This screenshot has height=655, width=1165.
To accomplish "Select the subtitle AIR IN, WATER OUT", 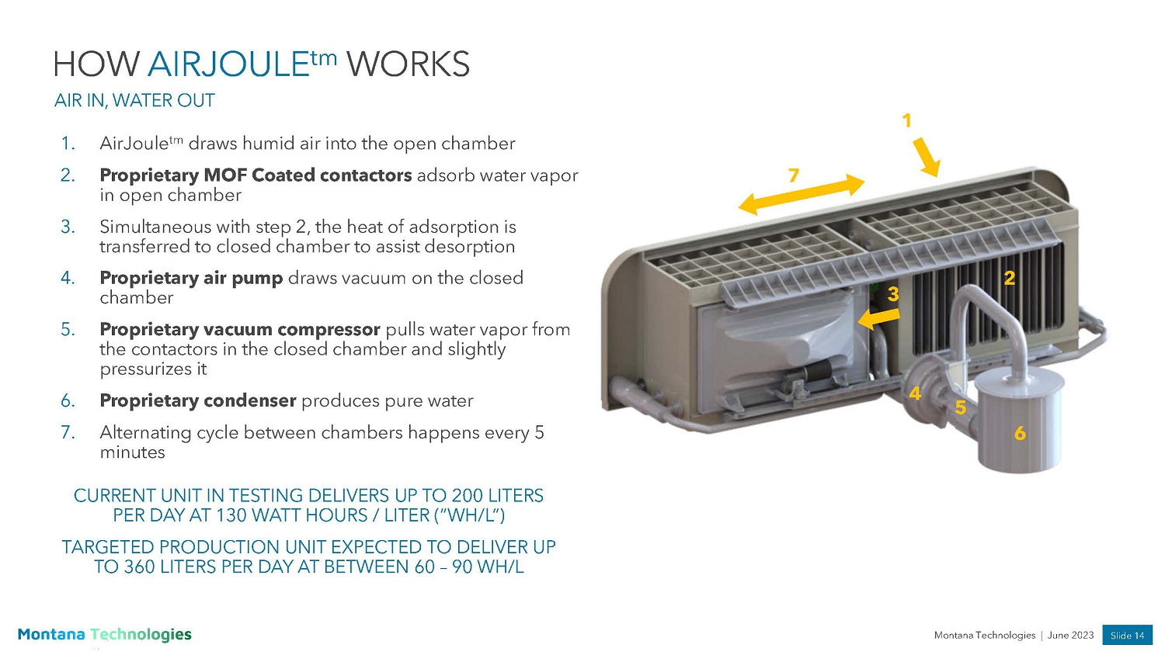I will point(134,101).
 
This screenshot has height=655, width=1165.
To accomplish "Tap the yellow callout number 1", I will point(906,120).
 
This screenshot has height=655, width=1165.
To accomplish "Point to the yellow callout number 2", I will point(1009,278).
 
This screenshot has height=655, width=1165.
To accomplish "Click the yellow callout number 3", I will point(893,294).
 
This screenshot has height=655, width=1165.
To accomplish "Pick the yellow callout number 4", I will point(915,394).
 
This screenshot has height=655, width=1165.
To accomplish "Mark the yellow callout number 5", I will point(960,408).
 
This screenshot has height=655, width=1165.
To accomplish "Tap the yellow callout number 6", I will point(1020,434).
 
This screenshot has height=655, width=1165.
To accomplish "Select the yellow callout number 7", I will point(793,175).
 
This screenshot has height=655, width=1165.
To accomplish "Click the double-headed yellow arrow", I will point(801,194).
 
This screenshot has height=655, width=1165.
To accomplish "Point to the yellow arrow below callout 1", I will point(927,158).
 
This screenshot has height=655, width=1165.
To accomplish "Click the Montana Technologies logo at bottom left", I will point(104,634).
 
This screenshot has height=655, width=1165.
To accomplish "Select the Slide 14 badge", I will point(1127,635).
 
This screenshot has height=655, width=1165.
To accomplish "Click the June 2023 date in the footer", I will point(1070,635).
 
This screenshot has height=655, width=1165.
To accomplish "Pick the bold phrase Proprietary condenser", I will point(197,400).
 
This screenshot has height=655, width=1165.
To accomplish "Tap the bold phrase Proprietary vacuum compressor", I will point(239,329).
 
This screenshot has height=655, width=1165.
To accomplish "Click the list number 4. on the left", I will point(68,278).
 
